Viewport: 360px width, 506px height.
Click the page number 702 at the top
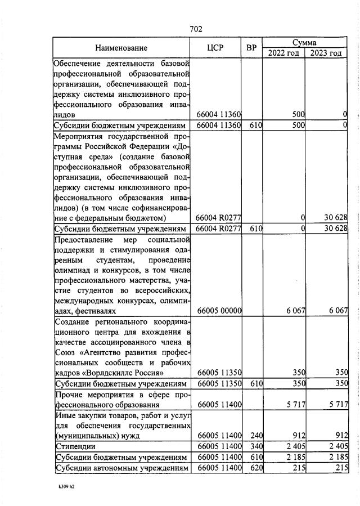pyautogui.click(x=196, y=29)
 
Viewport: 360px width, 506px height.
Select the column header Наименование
pyautogui.click(x=121, y=48)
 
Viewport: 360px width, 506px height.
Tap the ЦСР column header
pyautogui.click(x=216, y=48)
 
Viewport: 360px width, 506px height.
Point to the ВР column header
pyautogui.click(x=251, y=48)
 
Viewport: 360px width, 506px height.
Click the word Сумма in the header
pyautogui.click(x=304, y=43)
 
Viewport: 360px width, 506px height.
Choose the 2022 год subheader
pyautogui.click(x=283, y=53)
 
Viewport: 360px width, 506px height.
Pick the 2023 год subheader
pyautogui.click(x=326, y=53)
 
